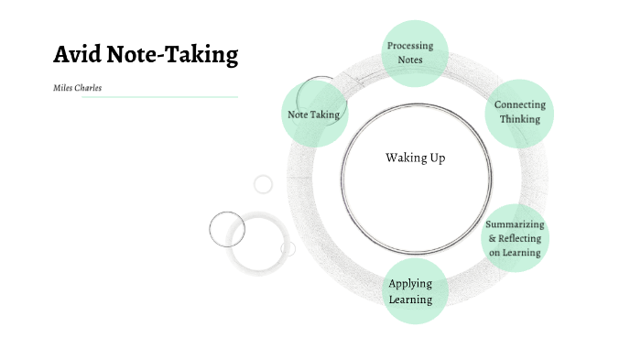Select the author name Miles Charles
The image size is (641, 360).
coord(78,88)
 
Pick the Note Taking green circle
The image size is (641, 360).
coord(314,115)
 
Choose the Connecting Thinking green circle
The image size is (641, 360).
coord(519,113)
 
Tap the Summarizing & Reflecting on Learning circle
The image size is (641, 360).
coord(514,238)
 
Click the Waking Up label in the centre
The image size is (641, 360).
coord(415,158)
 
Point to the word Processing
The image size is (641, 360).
coord(410,46)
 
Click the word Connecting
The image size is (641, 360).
coord(520,105)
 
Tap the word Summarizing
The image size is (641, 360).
coord(515,224)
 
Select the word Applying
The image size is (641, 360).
coord(410,283)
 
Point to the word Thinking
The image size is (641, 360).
coord(520,119)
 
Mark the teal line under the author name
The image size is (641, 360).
coord(159,96)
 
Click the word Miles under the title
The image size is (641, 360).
coord(64,88)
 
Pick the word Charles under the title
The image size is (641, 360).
coord(89,88)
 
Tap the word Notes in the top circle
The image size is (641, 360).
coord(410,60)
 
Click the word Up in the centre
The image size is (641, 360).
coord(436,158)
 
